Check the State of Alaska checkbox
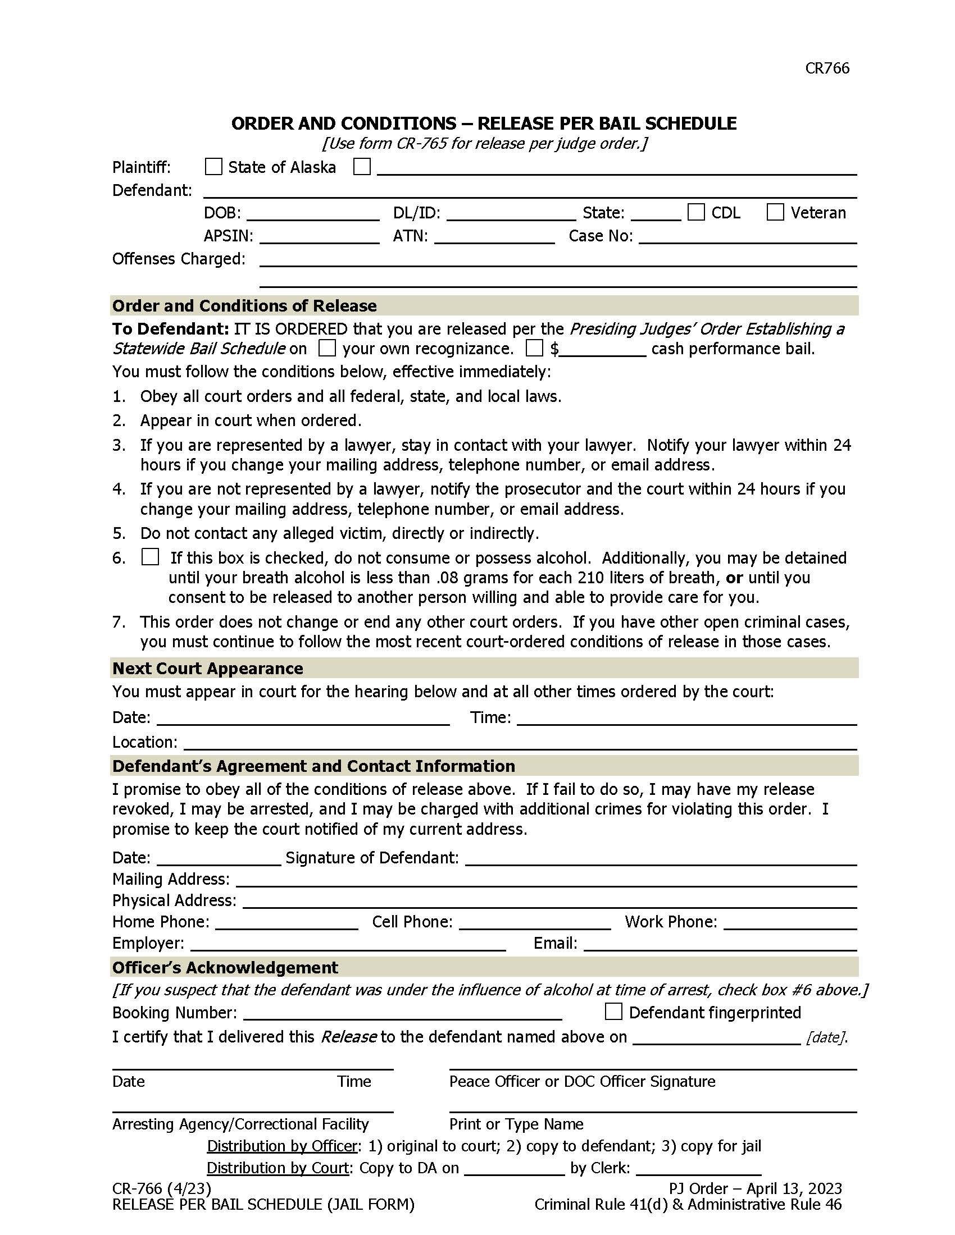tap(213, 167)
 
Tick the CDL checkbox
tap(696, 212)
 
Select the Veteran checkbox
tap(775, 212)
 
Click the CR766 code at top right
tap(826, 68)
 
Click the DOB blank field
tap(313, 214)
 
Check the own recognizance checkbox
tap(327, 348)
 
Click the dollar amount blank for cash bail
tap(603, 350)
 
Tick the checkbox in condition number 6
tap(150, 557)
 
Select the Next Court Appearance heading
tap(208, 669)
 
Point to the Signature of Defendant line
tap(660, 859)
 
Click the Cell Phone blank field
tap(535, 923)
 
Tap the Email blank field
tap(720, 944)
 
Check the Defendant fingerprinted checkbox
tap(613, 1012)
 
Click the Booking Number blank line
tap(402, 1013)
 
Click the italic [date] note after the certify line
tap(826, 1037)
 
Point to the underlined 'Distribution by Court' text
tap(278, 1168)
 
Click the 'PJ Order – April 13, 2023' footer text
tap(755, 1188)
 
